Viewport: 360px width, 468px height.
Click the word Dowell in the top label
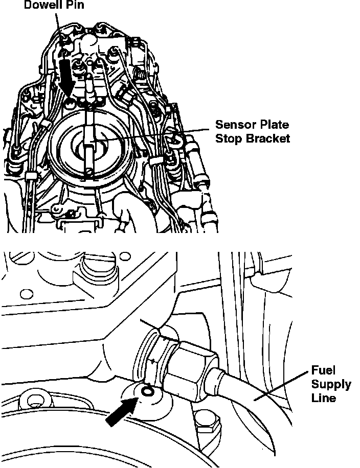[42, 5]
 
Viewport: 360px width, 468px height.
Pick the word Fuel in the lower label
[323, 370]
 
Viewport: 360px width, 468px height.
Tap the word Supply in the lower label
[331, 384]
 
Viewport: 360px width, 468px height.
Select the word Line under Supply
[324, 397]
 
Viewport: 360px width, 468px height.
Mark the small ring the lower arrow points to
[147, 392]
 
